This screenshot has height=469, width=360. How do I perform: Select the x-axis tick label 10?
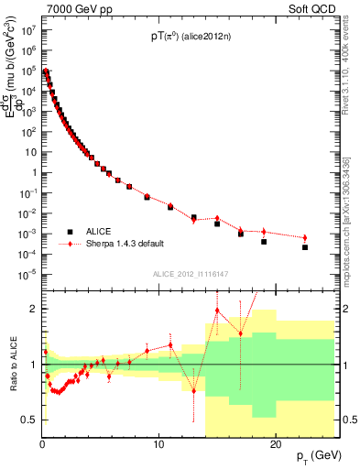coord(158,444)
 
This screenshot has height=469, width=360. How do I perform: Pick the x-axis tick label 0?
coord(42,444)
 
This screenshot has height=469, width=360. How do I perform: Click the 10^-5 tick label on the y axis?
coord(27,274)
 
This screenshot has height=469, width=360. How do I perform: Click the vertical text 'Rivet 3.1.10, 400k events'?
coord(349,74)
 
